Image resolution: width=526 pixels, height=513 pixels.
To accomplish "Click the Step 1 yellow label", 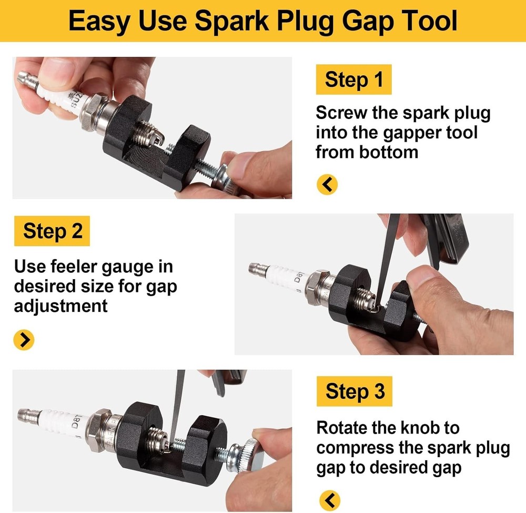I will (353, 80).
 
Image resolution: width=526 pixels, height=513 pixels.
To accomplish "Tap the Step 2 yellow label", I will (53, 231).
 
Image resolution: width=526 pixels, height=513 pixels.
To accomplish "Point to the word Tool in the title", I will (424, 22).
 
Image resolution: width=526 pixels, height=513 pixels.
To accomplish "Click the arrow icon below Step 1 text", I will (327, 184).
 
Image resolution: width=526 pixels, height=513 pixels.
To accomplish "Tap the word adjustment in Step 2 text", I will (60, 305).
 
